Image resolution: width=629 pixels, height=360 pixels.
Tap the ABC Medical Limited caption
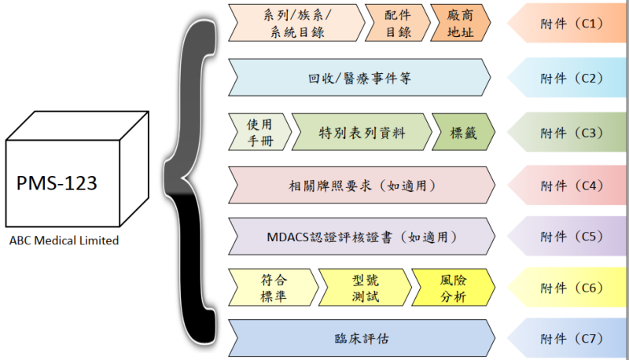pos(65,241)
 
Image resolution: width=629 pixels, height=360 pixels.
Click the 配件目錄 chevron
pos(397,23)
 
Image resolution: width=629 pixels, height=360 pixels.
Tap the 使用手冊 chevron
pos(259,131)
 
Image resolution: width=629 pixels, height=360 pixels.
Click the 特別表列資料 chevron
pos(362,131)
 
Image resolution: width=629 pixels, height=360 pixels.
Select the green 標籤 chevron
pos(462,131)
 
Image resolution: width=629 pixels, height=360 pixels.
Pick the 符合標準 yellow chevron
pos(271,288)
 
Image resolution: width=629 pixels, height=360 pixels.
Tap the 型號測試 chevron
pos(364,288)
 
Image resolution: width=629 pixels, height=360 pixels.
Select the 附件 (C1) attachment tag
pos(570,23)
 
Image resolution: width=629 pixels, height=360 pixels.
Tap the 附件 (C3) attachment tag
pos(570,131)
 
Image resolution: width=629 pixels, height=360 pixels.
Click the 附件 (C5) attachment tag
pos(570,235)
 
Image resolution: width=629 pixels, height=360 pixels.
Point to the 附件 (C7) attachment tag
pos(570,339)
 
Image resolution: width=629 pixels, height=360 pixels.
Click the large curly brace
pos(193,181)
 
